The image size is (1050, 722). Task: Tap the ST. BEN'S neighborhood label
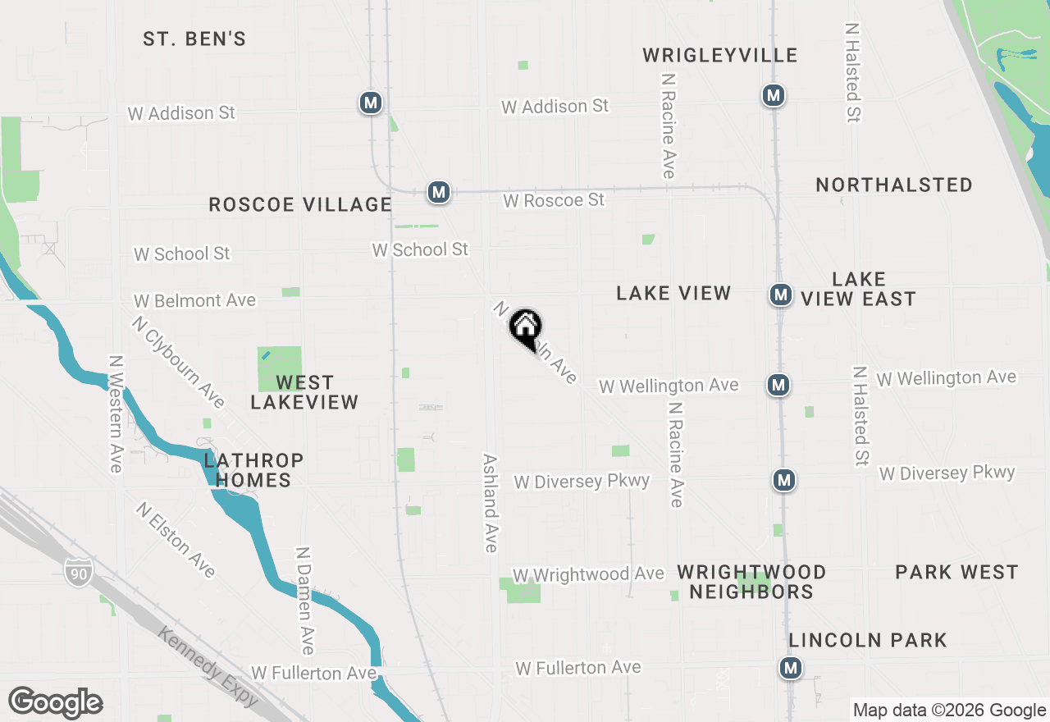[x=194, y=39]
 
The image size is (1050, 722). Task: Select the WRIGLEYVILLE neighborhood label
[x=719, y=55]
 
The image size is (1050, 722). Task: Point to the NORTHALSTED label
[x=893, y=185]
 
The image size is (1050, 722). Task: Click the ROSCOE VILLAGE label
[x=299, y=204]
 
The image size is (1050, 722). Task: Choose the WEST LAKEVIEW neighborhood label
[x=304, y=392]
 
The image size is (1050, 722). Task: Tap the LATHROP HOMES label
[x=253, y=470]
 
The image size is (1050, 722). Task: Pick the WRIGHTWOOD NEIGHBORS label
[x=751, y=582]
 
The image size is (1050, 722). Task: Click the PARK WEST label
[x=956, y=572]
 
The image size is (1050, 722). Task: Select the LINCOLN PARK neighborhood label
[x=868, y=640]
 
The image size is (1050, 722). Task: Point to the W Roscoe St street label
[x=554, y=200]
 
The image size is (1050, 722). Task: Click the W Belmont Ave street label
[x=195, y=301]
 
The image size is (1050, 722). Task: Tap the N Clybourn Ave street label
[x=177, y=362]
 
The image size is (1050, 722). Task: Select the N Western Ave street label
[x=116, y=414]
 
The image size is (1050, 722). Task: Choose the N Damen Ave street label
[x=304, y=601]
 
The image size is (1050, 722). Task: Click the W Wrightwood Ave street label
[x=587, y=574]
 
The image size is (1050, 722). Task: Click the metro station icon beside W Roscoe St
[x=439, y=192]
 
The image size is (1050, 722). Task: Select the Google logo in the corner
[x=55, y=703]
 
